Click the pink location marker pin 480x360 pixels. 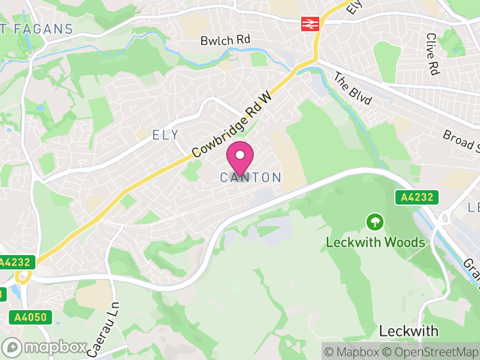pos(240,157)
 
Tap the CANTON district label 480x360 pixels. pos(251,178)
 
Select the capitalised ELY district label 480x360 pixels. pos(166,135)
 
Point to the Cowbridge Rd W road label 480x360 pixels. pos(232,124)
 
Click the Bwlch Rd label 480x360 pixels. pos(225,40)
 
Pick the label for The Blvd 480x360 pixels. pos(353,89)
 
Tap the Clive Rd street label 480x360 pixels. pos(432,54)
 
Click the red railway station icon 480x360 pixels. pos(310,23)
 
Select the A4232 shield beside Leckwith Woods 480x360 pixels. pos(416,197)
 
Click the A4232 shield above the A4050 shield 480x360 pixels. pos(17,262)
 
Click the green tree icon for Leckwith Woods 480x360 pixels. pos(375,223)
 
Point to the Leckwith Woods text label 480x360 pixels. pos(376,243)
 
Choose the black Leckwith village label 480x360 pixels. pos(409,331)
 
